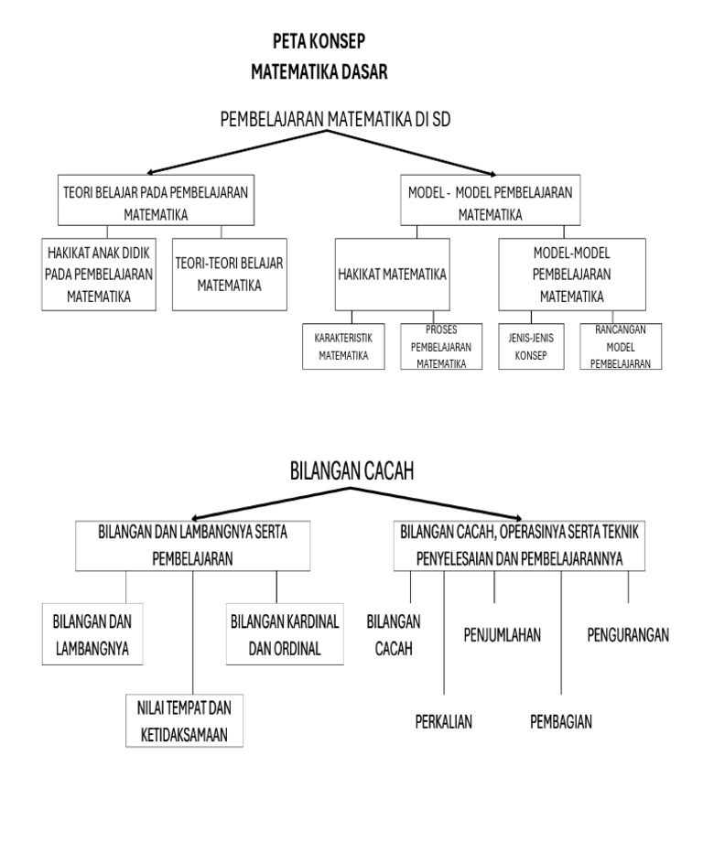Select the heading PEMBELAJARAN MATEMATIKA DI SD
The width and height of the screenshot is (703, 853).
click(x=335, y=120)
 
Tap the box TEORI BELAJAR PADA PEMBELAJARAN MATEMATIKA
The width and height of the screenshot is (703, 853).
click(x=156, y=201)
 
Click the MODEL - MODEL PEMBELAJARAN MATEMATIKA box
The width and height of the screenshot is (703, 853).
click(x=490, y=201)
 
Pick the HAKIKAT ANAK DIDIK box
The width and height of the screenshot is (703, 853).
click(x=100, y=274)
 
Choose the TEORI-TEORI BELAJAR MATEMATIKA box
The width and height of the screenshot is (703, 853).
click(x=229, y=274)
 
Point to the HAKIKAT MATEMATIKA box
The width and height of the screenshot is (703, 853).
click(x=392, y=274)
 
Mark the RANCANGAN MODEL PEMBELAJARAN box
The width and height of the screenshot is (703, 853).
click(x=620, y=347)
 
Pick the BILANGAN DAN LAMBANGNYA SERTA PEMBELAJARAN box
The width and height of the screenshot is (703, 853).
click(x=192, y=545)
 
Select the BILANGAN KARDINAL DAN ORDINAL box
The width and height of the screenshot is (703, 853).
click(x=285, y=633)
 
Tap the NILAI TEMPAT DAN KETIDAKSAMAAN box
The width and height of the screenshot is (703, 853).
click(x=184, y=721)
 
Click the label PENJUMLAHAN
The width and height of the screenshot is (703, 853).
click(x=503, y=633)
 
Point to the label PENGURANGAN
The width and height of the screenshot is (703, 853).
click(x=628, y=633)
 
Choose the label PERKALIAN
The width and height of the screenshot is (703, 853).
click(x=443, y=721)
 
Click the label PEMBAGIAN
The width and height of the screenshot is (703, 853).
click(x=561, y=721)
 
